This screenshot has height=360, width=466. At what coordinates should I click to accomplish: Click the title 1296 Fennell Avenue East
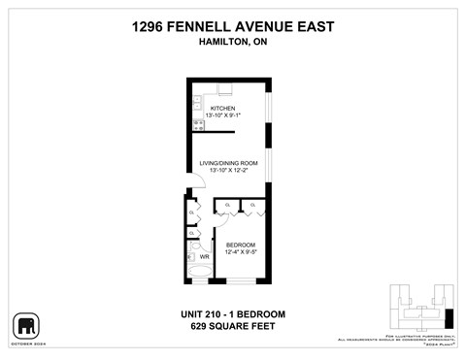233,29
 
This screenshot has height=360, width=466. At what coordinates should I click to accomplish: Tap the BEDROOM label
240,244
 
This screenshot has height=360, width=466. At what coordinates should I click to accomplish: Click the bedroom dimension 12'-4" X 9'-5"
240,252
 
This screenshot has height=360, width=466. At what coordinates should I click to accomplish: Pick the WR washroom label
205,257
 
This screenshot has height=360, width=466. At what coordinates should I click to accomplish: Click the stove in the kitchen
197,123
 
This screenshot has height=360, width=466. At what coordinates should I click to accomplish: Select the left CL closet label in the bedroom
228,206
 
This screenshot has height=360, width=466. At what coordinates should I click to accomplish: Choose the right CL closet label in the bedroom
253,206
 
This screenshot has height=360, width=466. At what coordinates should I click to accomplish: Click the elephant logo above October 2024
25,324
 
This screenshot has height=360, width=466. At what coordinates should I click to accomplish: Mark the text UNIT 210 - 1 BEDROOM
233,313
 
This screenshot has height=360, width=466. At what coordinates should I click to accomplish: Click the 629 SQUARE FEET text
233,326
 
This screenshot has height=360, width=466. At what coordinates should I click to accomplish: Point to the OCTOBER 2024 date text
25,343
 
